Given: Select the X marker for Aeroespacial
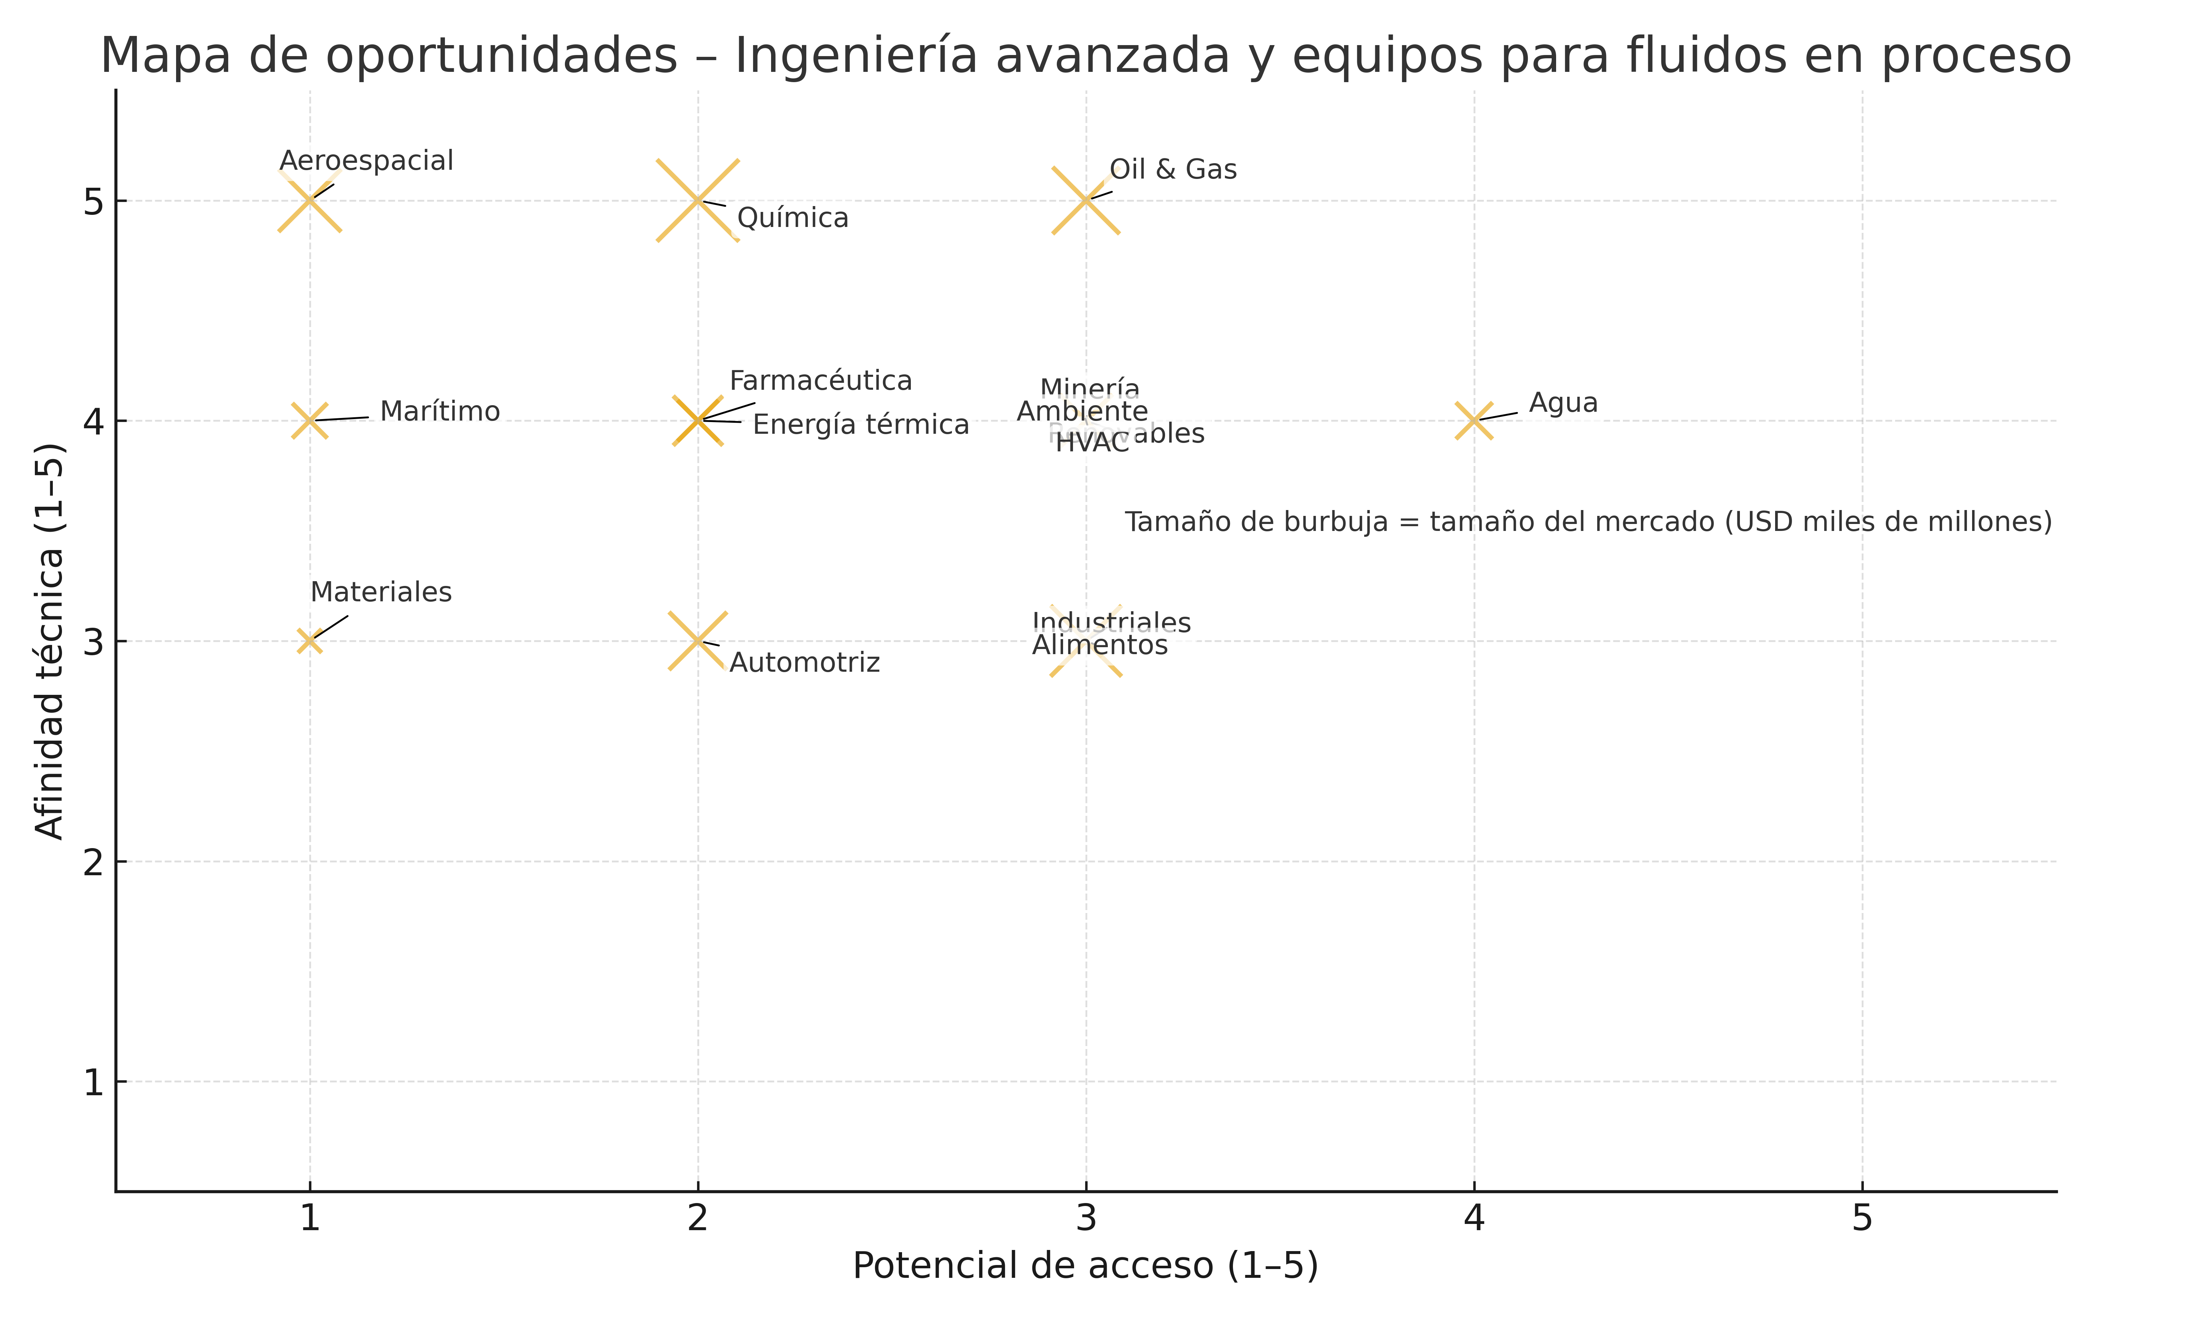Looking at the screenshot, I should pos(310,200).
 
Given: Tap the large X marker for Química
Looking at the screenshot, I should pos(697,200).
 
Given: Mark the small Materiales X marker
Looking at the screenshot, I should pos(310,641).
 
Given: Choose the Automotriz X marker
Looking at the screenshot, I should pos(697,641).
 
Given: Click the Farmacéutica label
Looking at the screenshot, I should pos(820,381).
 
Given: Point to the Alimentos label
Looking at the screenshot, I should pos(1100,645).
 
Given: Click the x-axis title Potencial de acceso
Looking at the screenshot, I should pos(1085,1265).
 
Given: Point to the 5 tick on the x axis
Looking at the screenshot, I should pos(1862,1218).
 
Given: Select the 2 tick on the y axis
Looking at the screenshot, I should pos(94,861).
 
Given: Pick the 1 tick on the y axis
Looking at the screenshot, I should pos(94,1082).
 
